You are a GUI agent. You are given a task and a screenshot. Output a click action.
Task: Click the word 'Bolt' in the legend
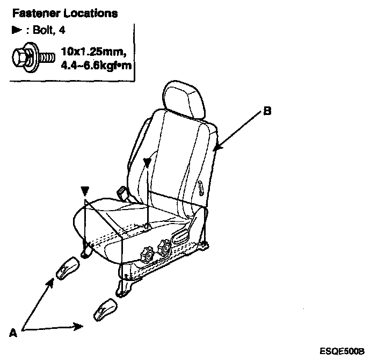pos(38,31)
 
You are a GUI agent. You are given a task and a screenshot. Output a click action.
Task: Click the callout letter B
pos(267,112)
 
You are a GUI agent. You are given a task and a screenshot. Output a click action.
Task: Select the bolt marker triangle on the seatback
pos(147,162)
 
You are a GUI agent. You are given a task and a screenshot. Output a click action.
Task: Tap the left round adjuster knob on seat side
pos(146,251)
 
